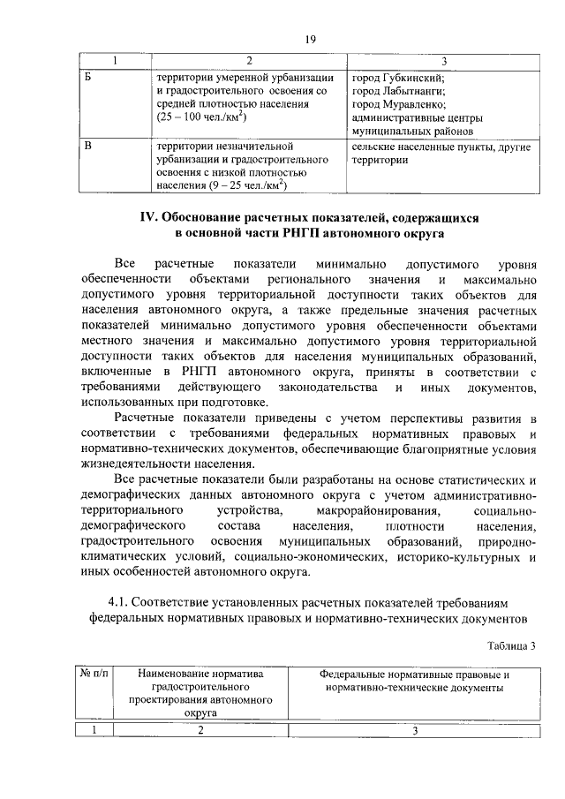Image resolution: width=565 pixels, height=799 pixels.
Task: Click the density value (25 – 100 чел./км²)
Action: tap(201, 117)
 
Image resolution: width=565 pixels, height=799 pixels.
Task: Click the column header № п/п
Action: tap(94, 675)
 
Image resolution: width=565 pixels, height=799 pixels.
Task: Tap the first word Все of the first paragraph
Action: tap(124, 264)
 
